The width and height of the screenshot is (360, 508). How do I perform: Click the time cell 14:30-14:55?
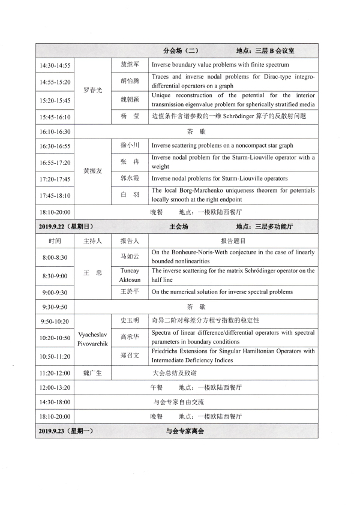(55, 65)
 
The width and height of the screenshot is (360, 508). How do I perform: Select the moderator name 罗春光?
(92, 90)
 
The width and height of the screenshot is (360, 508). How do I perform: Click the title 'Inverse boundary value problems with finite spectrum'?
(220, 65)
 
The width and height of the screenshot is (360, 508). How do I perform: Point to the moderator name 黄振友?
(92, 171)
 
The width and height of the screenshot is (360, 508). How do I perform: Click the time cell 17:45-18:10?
(55, 195)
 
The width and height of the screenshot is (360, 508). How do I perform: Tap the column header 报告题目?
(233, 241)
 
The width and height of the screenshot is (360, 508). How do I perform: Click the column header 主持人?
(92, 241)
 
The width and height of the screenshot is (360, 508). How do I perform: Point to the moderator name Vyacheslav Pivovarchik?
(92, 338)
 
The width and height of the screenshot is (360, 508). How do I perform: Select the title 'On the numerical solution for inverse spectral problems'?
(222, 292)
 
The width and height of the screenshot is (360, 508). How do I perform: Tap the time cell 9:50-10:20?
(55, 321)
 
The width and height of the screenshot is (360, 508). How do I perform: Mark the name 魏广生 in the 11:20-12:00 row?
(92, 372)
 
